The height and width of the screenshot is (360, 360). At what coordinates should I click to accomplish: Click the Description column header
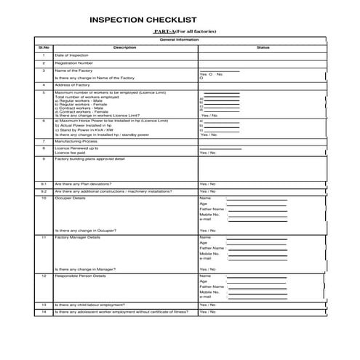point(124,47)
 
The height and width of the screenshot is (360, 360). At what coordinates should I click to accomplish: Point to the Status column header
point(263,47)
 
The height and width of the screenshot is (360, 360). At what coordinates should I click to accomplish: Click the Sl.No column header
point(43,47)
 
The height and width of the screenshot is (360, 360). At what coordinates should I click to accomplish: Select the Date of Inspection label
point(71,55)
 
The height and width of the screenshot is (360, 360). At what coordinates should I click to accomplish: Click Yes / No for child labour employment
point(207,305)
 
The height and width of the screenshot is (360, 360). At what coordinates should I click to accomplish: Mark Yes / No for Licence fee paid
point(207,153)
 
